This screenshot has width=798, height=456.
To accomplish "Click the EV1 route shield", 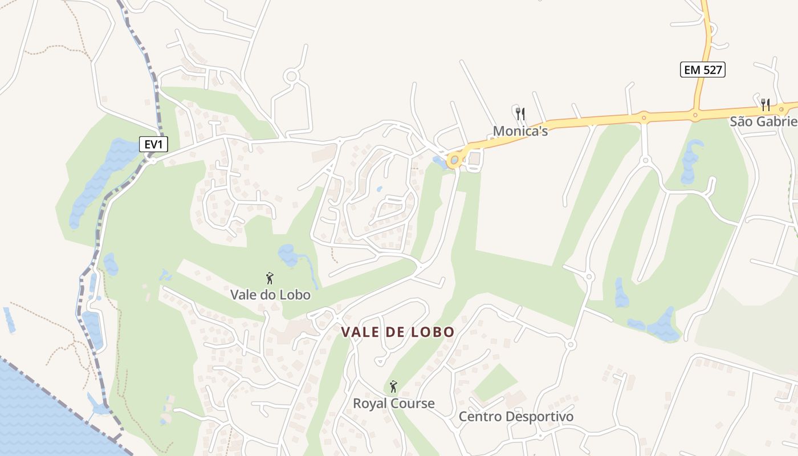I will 153,145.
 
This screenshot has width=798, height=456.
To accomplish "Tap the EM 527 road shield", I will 702,70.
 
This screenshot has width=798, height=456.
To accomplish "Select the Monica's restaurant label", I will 520,131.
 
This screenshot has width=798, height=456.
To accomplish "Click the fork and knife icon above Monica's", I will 520,113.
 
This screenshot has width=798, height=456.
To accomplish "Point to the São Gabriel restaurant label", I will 763,121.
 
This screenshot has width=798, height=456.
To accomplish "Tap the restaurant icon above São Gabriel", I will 766,105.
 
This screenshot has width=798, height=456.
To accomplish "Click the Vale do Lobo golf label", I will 270,295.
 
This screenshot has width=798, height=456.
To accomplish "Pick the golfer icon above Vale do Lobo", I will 270,278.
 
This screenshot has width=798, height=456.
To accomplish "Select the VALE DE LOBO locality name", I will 398,332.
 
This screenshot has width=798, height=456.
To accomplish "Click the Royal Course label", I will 393,404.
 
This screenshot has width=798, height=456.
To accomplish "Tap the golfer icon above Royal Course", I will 393,387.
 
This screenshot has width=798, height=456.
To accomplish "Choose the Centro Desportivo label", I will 516,417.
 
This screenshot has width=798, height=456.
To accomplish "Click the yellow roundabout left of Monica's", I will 454,160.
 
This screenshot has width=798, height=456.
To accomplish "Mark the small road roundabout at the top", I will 292,76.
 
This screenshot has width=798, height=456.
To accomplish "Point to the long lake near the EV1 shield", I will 97,180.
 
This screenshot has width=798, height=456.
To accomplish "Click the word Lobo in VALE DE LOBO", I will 435,332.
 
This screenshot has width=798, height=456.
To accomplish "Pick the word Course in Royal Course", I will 411,404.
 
